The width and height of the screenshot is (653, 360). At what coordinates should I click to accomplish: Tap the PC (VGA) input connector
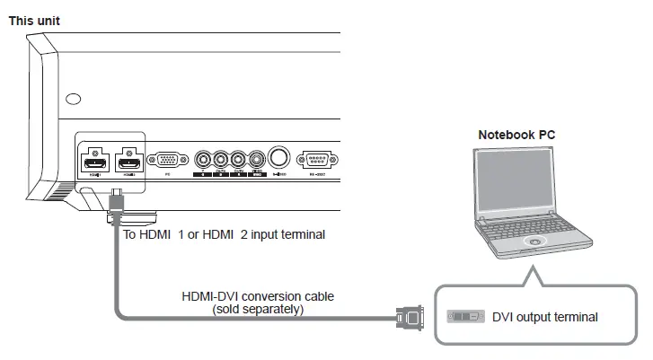[167, 160]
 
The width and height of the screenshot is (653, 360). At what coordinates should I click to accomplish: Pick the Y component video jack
[204, 160]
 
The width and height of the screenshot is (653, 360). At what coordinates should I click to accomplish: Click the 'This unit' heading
[34, 20]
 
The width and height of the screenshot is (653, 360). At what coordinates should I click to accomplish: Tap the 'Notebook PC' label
[516, 135]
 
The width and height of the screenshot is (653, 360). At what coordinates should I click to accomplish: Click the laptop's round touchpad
[536, 241]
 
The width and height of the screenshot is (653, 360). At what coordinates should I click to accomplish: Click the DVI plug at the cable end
[410, 316]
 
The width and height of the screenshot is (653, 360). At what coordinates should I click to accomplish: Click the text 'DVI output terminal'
[544, 317]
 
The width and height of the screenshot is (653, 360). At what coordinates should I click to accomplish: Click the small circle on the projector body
[74, 98]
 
